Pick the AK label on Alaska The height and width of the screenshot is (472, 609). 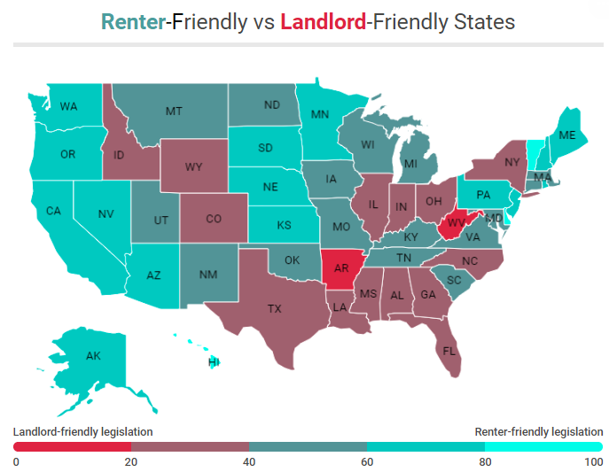click(x=93, y=356)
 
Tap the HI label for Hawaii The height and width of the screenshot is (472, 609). click(x=214, y=362)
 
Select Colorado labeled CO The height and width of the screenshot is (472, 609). click(x=214, y=219)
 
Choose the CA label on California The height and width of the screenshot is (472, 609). click(x=53, y=211)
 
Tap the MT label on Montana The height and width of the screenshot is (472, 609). click(x=174, y=111)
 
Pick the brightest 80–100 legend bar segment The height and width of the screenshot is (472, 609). click(x=543, y=447)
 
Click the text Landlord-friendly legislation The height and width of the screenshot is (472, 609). click(x=82, y=431)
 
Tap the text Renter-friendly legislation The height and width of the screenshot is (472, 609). click(x=538, y=431)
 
